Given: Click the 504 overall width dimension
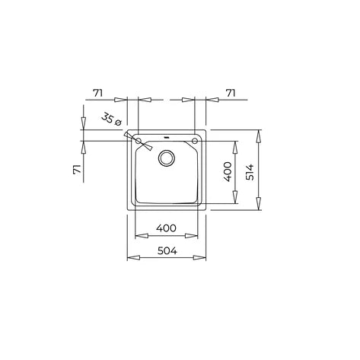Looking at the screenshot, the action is click(167, 251).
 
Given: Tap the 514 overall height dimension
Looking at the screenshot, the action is click(250, 172).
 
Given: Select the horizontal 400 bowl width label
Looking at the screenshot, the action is click(166, 228).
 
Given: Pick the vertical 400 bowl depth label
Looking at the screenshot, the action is click(228, 172).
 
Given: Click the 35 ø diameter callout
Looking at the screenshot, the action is click(112, 119).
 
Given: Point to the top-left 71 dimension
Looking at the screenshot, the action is click(97, 94).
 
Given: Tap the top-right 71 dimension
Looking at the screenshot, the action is click(231, 93).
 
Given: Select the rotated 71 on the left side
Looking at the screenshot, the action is click(77, 169).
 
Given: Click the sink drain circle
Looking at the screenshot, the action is click(167, 158).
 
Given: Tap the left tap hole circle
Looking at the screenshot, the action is click(139, 141).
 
